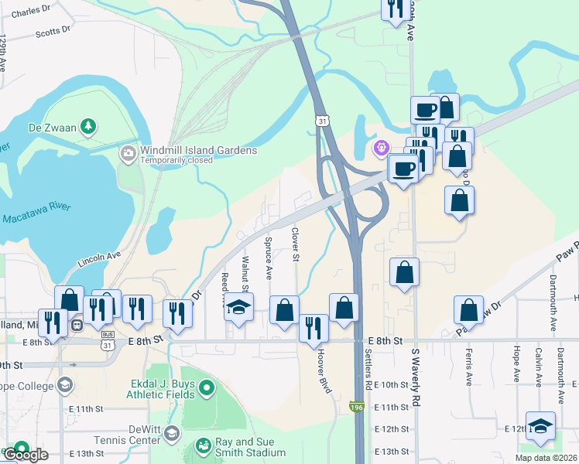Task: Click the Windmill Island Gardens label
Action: (198, 150)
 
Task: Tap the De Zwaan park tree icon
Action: (89, 125)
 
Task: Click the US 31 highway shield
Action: (322, 121)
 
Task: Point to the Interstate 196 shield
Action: (356, 407)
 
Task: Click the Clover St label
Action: (295, 244)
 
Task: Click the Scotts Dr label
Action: (53, 32)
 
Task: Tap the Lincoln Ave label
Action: (99, 259)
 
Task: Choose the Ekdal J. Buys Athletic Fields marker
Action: (205, 388)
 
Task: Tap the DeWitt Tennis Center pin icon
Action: (171, 432)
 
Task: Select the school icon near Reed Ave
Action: (239, 307)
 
